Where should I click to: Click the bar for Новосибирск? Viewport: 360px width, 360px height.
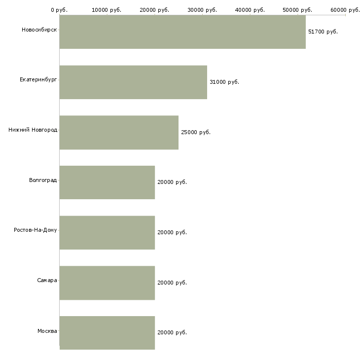click(182, 32)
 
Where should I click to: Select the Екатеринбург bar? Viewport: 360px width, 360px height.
click(133, 82)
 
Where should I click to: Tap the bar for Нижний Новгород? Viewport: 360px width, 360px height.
click(119, 133)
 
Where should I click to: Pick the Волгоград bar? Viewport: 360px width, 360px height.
click(107, 182)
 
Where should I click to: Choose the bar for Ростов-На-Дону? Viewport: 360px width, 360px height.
click(107, 233)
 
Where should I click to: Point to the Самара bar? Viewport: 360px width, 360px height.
click(107, 283)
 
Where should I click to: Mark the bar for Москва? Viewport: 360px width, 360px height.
click(107, 333)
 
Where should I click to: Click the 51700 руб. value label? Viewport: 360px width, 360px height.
click(323, 32)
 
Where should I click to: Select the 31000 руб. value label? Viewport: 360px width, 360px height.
click(224, 82)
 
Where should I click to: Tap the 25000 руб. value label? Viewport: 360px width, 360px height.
click(196, 132)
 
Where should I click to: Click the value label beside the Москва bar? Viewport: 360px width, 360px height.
click(172, 332)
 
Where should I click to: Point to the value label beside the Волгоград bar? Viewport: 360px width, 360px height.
click(172, 182)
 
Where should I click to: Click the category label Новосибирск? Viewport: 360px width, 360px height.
click(39, 30)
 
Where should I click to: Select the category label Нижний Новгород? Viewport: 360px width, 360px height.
click(33, 130)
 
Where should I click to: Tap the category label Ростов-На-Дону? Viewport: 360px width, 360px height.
click(36, 230)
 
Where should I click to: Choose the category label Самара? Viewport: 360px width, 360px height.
click(47, 280)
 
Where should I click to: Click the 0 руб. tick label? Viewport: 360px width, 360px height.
click(59, 10)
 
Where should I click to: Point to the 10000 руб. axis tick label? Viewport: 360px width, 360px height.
click(107, 10)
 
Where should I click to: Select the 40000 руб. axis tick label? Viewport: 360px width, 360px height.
click(250, 10)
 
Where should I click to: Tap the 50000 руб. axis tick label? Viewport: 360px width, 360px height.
click(297, 10)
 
